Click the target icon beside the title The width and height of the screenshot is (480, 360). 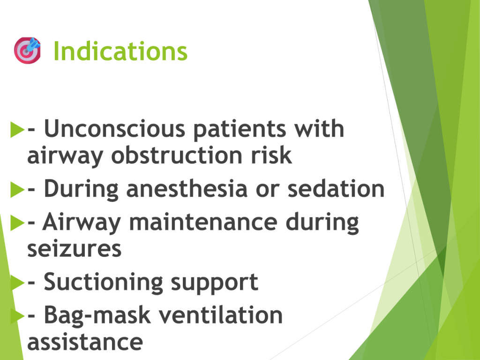coord(27,51)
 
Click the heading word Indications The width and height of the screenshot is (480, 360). coord(120,51)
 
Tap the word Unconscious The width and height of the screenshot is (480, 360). coord(115,128)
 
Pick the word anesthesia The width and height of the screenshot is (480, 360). coord(187,189)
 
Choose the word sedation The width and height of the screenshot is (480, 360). coord(336,188)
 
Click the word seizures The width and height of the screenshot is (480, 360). coord(75,248)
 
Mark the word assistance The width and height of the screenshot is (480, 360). coord(85,342)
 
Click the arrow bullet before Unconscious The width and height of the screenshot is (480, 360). coord(17,129)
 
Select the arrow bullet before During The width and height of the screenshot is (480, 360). coord(17,189)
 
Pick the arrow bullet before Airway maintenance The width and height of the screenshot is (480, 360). coord(17,223)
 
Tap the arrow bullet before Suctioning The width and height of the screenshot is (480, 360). coord(17,283)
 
